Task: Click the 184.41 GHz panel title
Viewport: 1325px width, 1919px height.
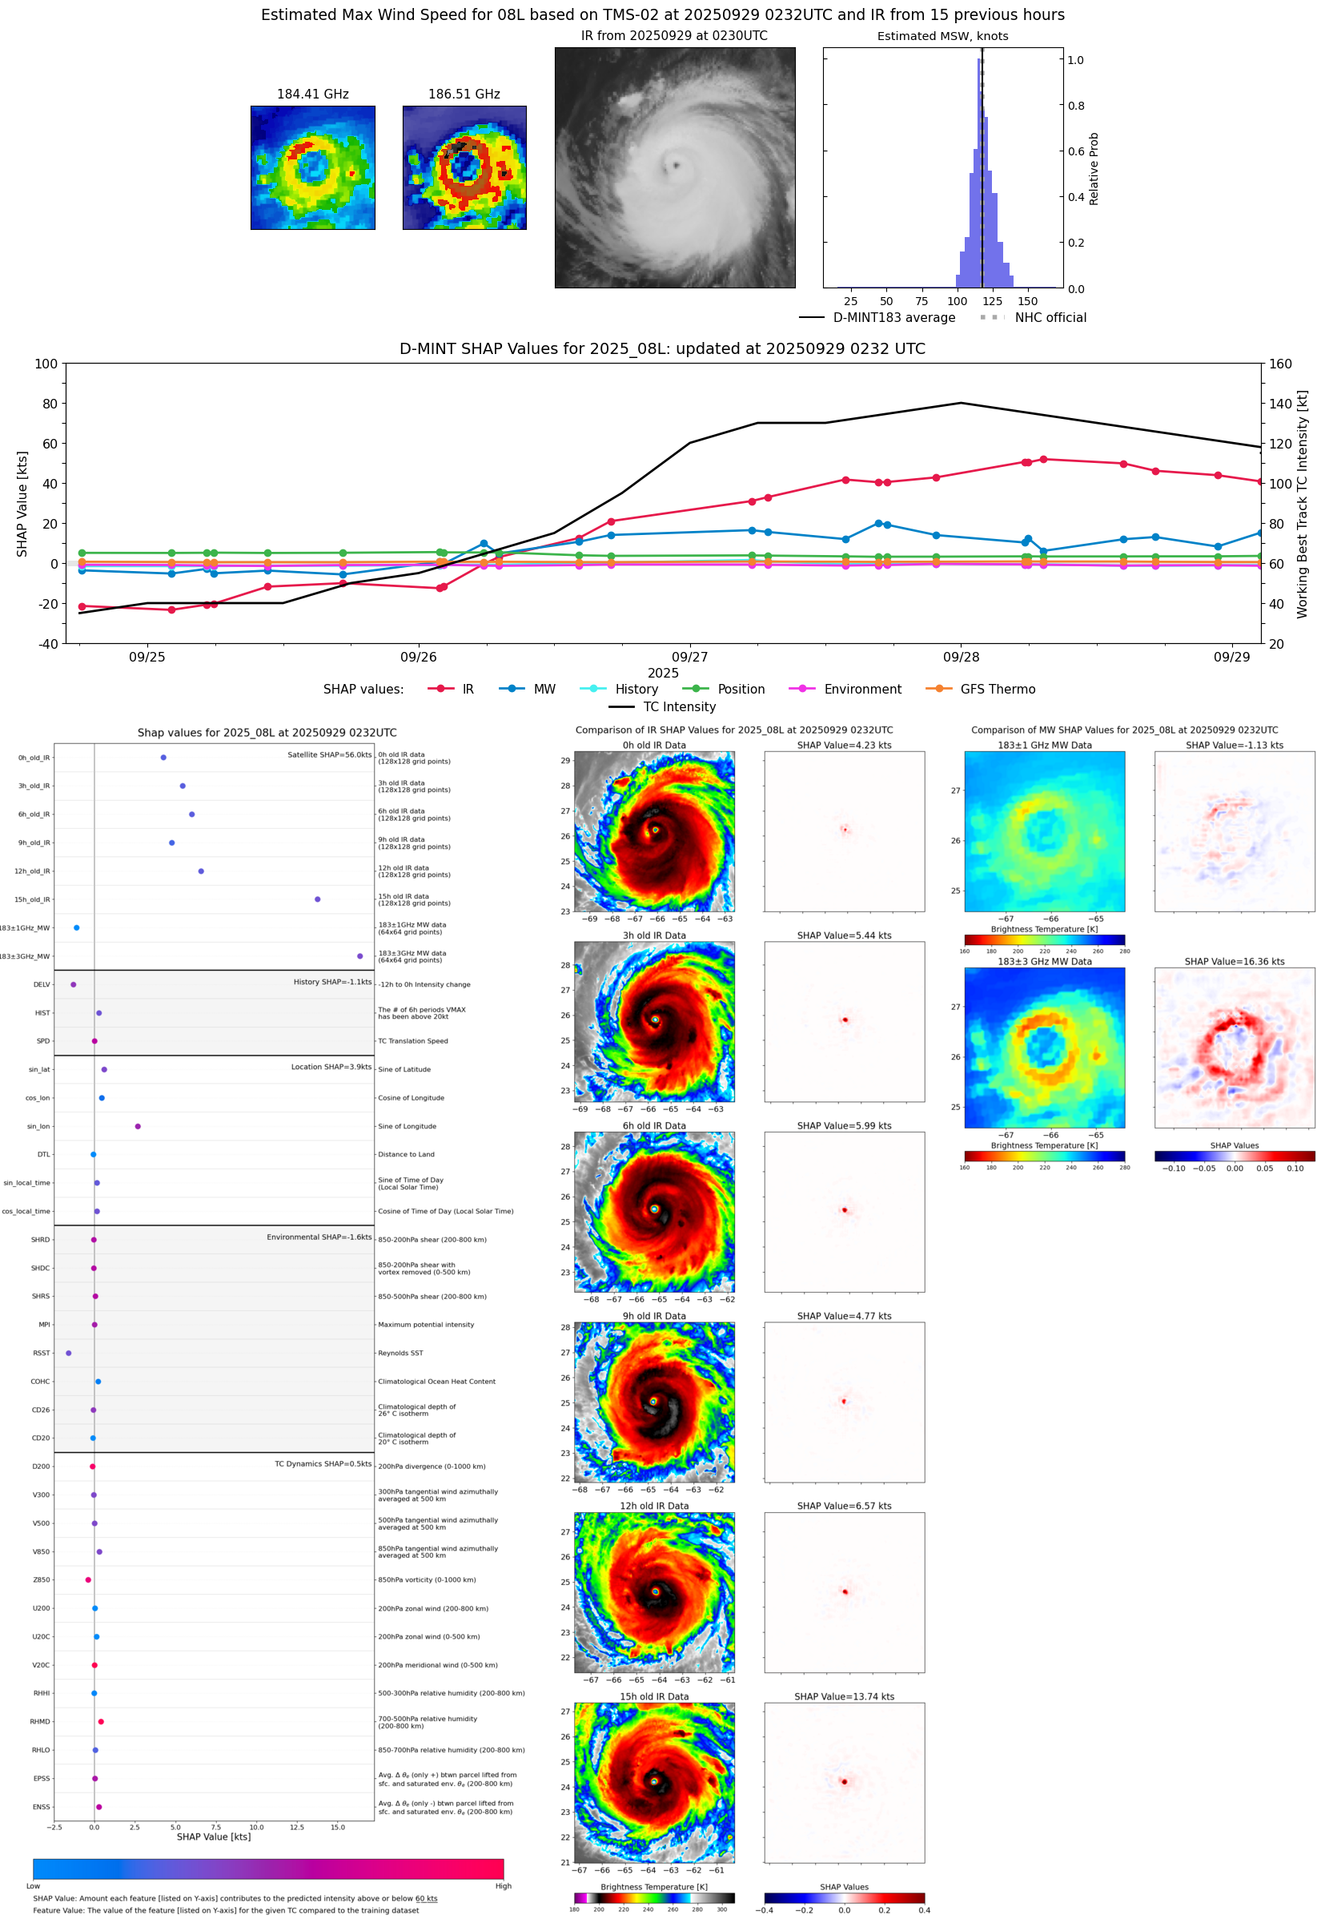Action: click(x=312, y=95)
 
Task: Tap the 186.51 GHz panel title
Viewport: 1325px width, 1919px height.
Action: click(x=464, y=95)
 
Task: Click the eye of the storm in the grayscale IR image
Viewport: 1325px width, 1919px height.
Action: click(x=676, y=165)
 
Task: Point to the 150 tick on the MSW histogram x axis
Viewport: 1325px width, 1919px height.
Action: click(x=1028, y=301)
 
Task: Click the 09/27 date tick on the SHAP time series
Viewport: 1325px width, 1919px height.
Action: click(x=690, y=657)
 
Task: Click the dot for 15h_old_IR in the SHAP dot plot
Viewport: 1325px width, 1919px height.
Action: click(x=317, y=899)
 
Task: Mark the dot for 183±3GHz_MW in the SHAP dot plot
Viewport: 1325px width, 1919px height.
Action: click(x=359, y=955)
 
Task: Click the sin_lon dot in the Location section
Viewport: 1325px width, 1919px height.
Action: click(x=138, y=1126)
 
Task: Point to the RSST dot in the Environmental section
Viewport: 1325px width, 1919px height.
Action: click(x=68, y=1353)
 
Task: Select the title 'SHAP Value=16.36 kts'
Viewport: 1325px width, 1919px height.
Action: click(x=1234, y=962)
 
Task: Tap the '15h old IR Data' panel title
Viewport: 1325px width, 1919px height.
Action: click(x=654, y=1696)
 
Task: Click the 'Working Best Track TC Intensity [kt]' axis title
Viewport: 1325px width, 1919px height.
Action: click(x=1302, y=504)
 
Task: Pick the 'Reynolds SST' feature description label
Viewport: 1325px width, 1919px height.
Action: click(x=400, y=1353)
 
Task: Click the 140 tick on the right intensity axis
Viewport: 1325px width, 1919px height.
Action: click(x=1280, y=404)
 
